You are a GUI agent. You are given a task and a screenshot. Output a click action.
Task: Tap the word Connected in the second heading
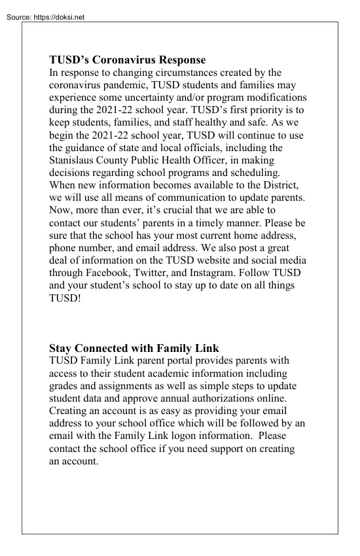point(111,347)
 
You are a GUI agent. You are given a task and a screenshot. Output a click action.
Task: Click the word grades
point(66,385)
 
